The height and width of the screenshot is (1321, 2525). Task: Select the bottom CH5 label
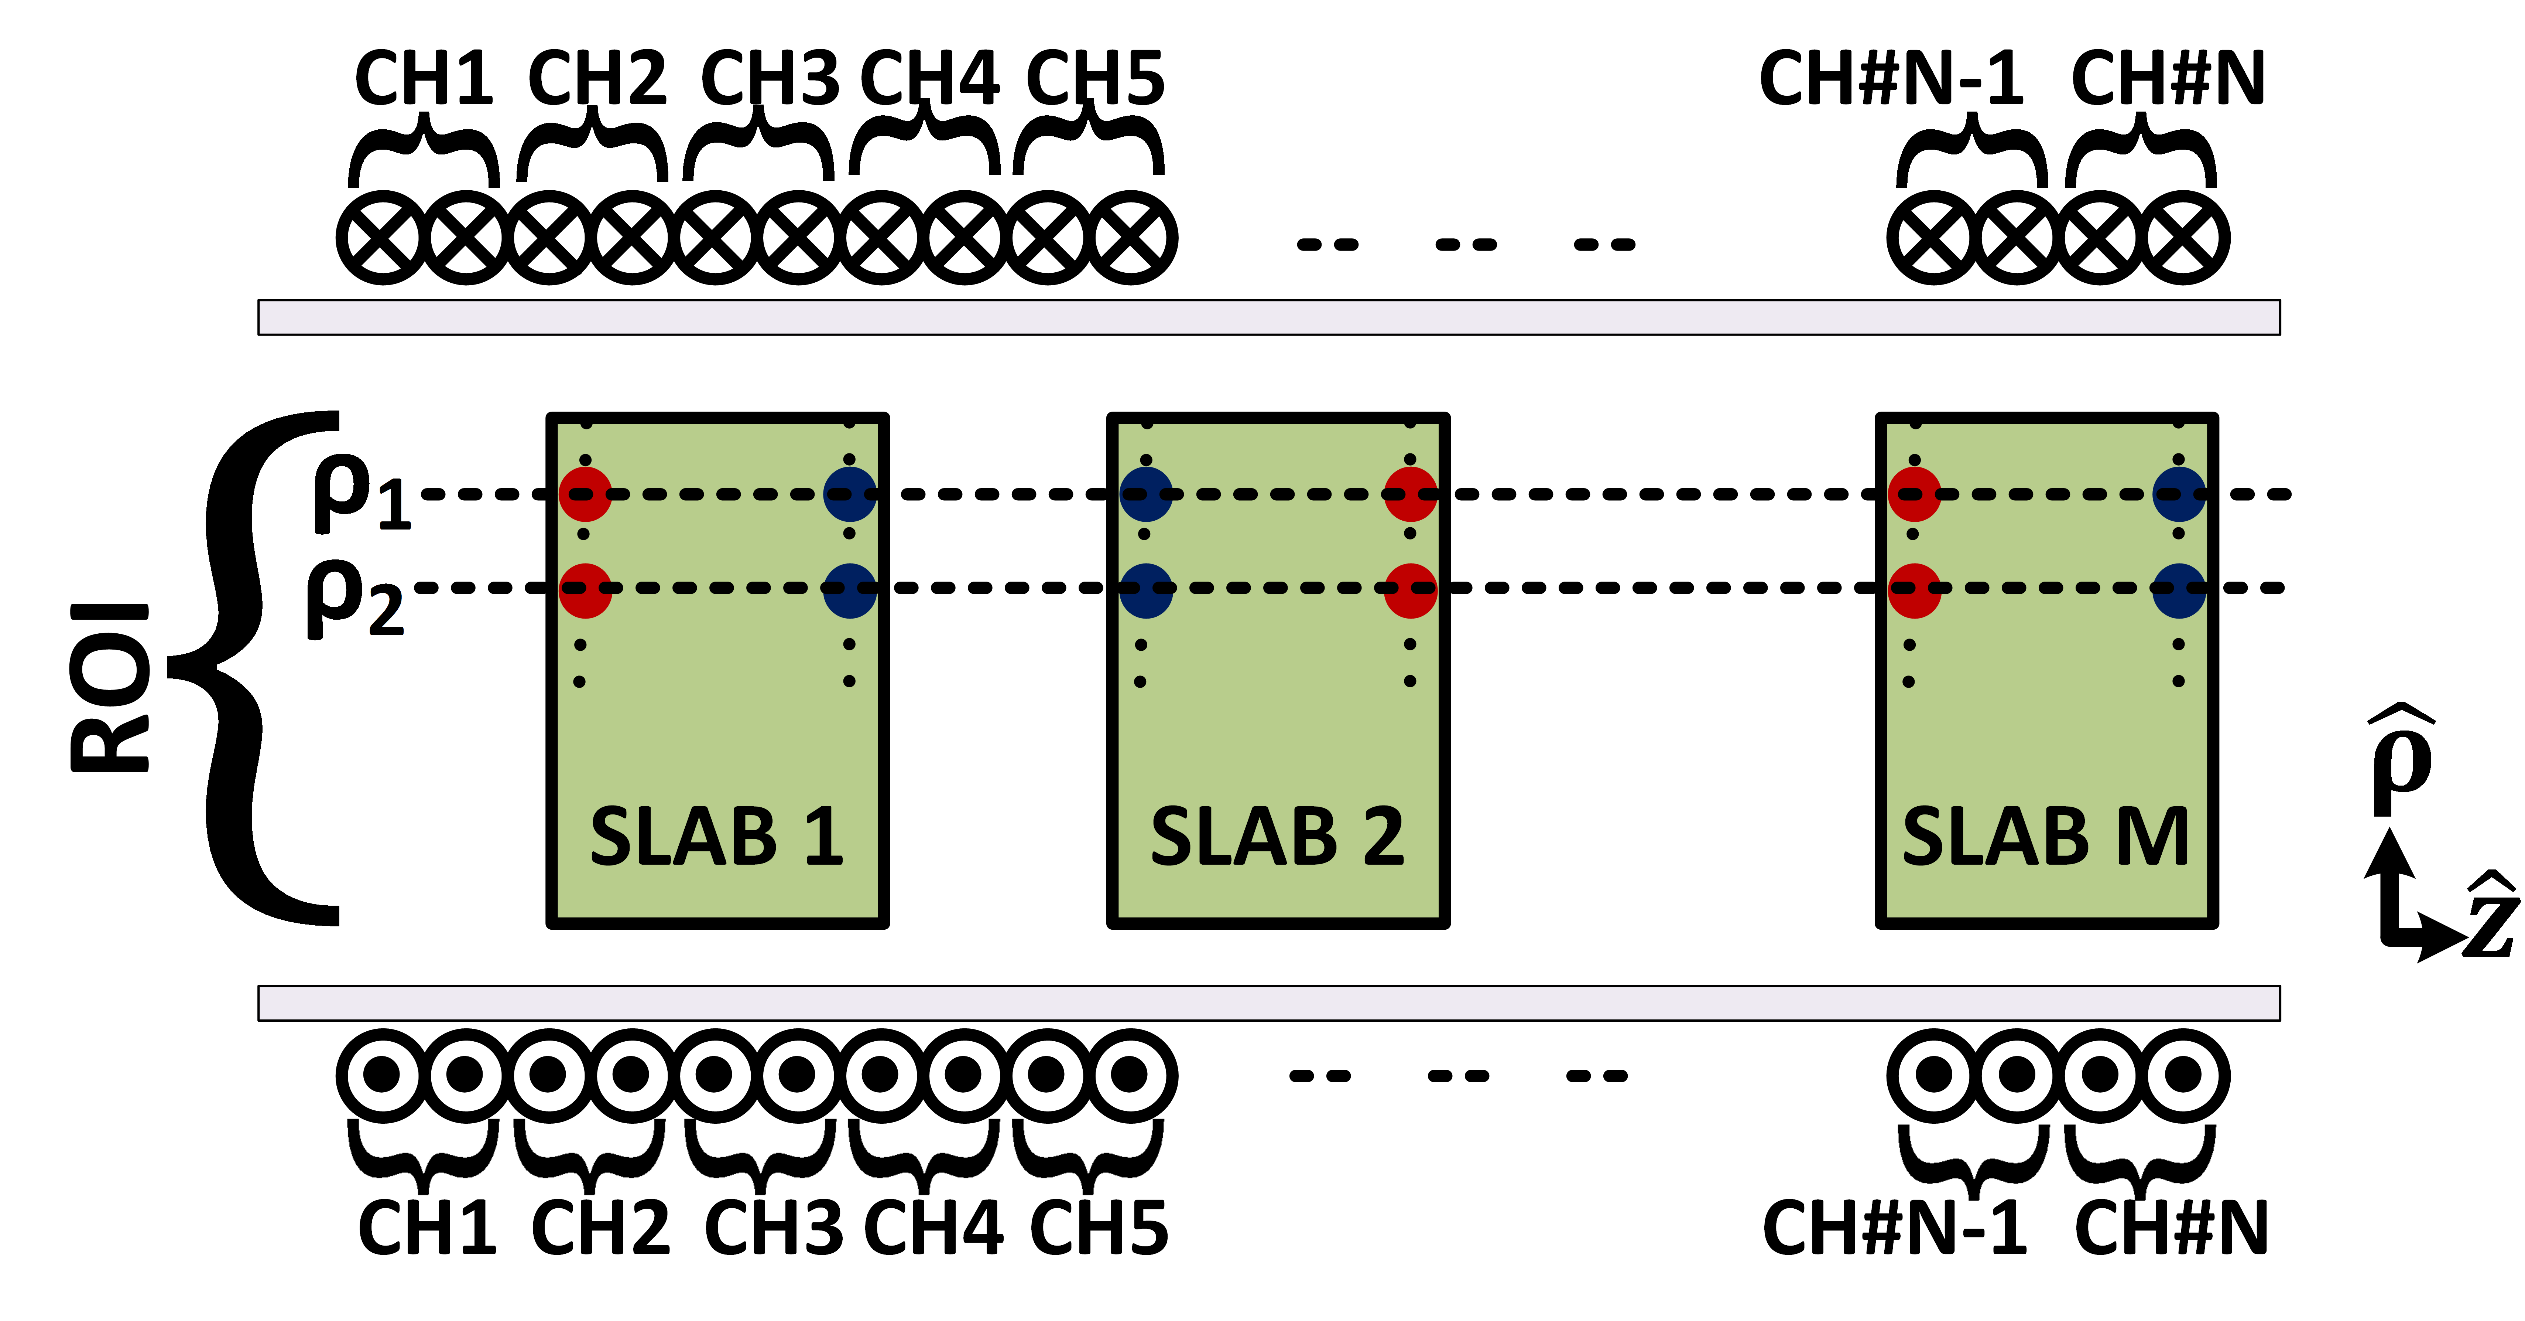1099,1228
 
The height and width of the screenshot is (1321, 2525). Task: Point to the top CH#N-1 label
1891,78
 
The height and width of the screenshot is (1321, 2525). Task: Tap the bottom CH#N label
2171,1228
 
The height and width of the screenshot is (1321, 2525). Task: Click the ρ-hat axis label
2402,760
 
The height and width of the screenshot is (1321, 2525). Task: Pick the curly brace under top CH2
593,147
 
